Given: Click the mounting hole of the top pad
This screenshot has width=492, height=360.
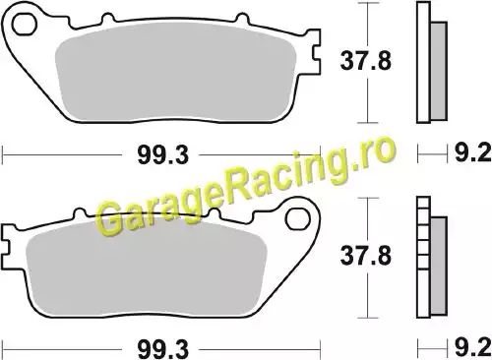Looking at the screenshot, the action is pyautogui.click(x=24, y=24).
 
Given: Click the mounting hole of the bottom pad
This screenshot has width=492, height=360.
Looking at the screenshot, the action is pyautogui.click(x=297, y=219).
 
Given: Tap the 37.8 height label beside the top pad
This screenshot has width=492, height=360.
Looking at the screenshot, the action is pyautogui.click(x=366, y=61).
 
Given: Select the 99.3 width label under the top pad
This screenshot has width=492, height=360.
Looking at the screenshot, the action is pyautogui.click(x=163, y=155).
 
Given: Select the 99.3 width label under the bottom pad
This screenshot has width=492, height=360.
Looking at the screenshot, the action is pyautogui.click(x=163, y=349).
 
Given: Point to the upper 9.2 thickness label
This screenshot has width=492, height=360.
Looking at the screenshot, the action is pyautogui.click(x=472, y=152).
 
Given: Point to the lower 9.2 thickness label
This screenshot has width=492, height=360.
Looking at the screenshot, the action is pyautogui.click(x=472, y=347).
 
